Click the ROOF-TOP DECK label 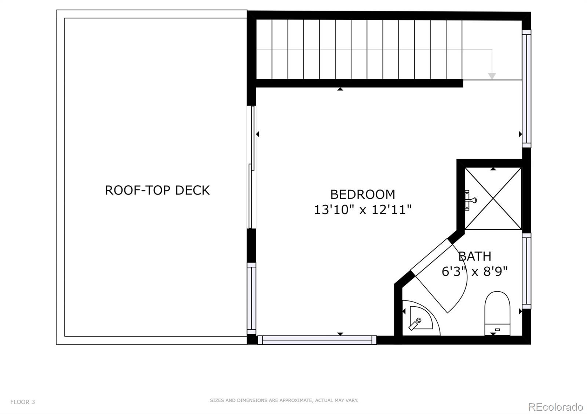[157, 190]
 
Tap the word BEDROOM [362, 194]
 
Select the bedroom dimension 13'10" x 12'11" [362, 210]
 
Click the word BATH [475, 256]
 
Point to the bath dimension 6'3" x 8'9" [475, 272]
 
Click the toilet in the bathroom [497, 311]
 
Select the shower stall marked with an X [493, 199]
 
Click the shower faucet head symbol [471, 200]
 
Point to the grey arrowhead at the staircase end [492, 76]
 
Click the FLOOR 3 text [22, 402]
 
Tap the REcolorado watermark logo [555, 407]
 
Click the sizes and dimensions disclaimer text [284, 400]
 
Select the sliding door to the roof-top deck [251, 167]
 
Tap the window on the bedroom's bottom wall [317, 340]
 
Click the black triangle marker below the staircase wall [340, 89]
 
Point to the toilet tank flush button [497, 330]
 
